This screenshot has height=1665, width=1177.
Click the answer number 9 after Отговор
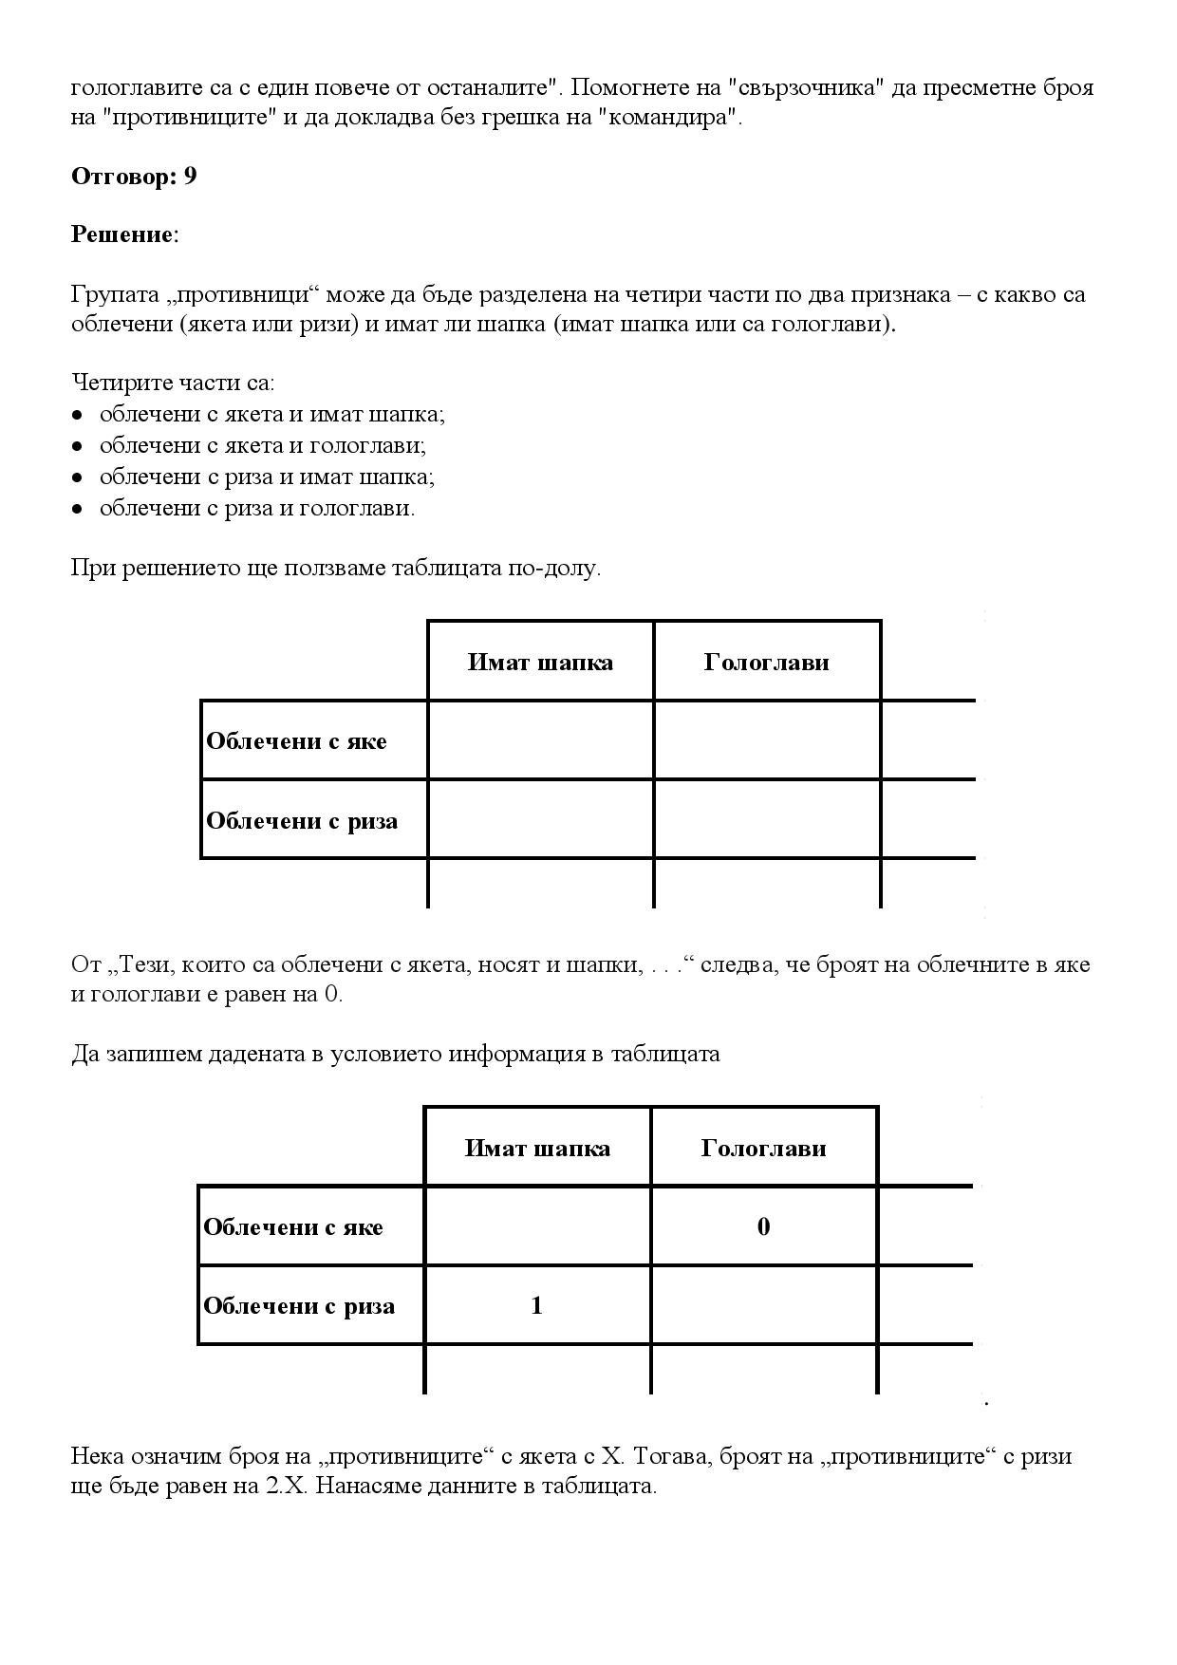[191, 177]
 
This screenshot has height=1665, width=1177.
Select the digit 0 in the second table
[763, 1226]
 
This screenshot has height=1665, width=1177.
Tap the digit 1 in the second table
[536, 1305]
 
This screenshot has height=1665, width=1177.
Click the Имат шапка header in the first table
[540, 662]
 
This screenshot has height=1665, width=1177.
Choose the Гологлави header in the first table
[766, 662]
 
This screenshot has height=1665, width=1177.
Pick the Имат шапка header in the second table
[537, 1148]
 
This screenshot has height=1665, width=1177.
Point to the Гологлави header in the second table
[763, 1148]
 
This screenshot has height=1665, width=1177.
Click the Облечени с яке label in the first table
[296, 740]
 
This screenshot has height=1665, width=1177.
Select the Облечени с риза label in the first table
[302, 820]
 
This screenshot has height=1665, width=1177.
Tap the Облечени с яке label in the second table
[293, 1226]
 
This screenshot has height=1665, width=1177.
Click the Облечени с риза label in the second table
[299, 1305]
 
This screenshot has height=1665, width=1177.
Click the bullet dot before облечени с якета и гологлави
[79, 446]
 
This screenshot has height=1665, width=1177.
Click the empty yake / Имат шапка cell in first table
[540, 740]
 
